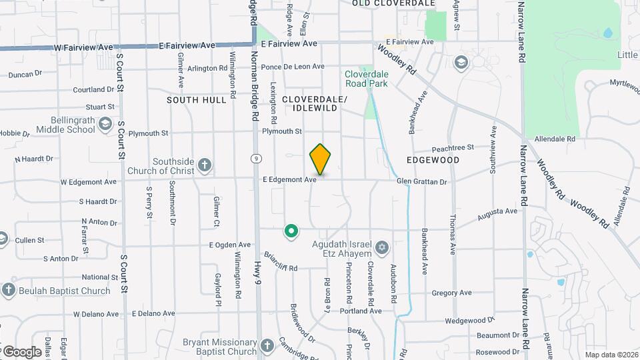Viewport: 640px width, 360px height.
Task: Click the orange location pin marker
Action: pyautogui.click(x=320, y=159)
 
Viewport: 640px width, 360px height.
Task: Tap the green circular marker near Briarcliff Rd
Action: pyautogui.click(x=291, y=231)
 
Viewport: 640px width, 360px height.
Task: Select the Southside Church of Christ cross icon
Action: pyautogui.click(x=205, y=165)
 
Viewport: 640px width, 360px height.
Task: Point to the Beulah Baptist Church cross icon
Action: pyautogui.click(x=8, y=290)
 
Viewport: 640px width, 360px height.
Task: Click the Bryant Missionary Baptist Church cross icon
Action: pyautogui.click(x=267, y=345)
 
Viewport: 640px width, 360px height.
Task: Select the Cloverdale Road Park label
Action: pyautogui.click(x=366, y=79)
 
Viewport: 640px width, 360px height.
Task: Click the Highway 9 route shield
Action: pyautogui.click(x=255, y=159)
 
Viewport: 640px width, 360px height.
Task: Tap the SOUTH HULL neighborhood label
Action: pyautogui.click(x=197, y=100)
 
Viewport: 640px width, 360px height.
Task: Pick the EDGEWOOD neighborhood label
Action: pyautogui.click(x=433, y=161)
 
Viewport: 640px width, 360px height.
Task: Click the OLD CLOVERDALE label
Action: pyautogui.click(x=393, y=3)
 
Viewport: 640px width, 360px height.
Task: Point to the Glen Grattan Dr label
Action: pyautogui.click(x=421, y=181)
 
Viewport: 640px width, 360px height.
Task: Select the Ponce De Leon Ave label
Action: pyautogui.click(x=293, y=67)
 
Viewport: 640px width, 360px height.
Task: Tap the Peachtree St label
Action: pyautogui.click(x=452, y=147)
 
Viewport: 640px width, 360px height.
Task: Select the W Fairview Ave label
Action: pyautogui.click(x=84, y=48)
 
